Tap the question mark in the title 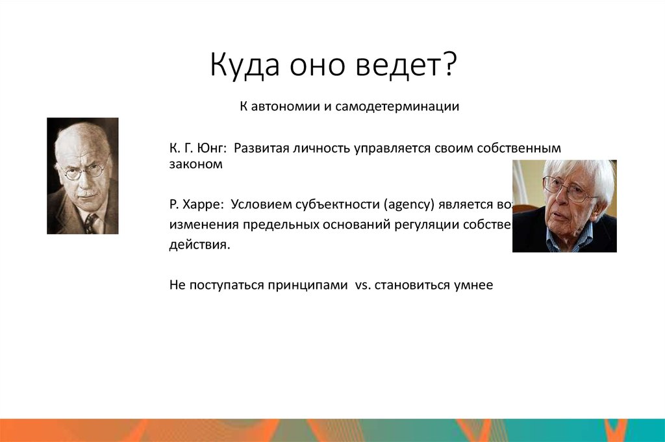tap(449, 66)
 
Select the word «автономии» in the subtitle tap(283, 106)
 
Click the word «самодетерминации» tap(397, 106)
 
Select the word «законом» tap(195, 165)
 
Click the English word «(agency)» tap(408, 205)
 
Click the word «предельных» tap(275, 225)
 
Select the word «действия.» tap(199, 246)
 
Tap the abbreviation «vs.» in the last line tap(362, 286)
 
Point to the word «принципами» tap(307, 286)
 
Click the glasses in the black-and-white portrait tap(82, 171)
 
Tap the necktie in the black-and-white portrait tap(90, 223)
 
